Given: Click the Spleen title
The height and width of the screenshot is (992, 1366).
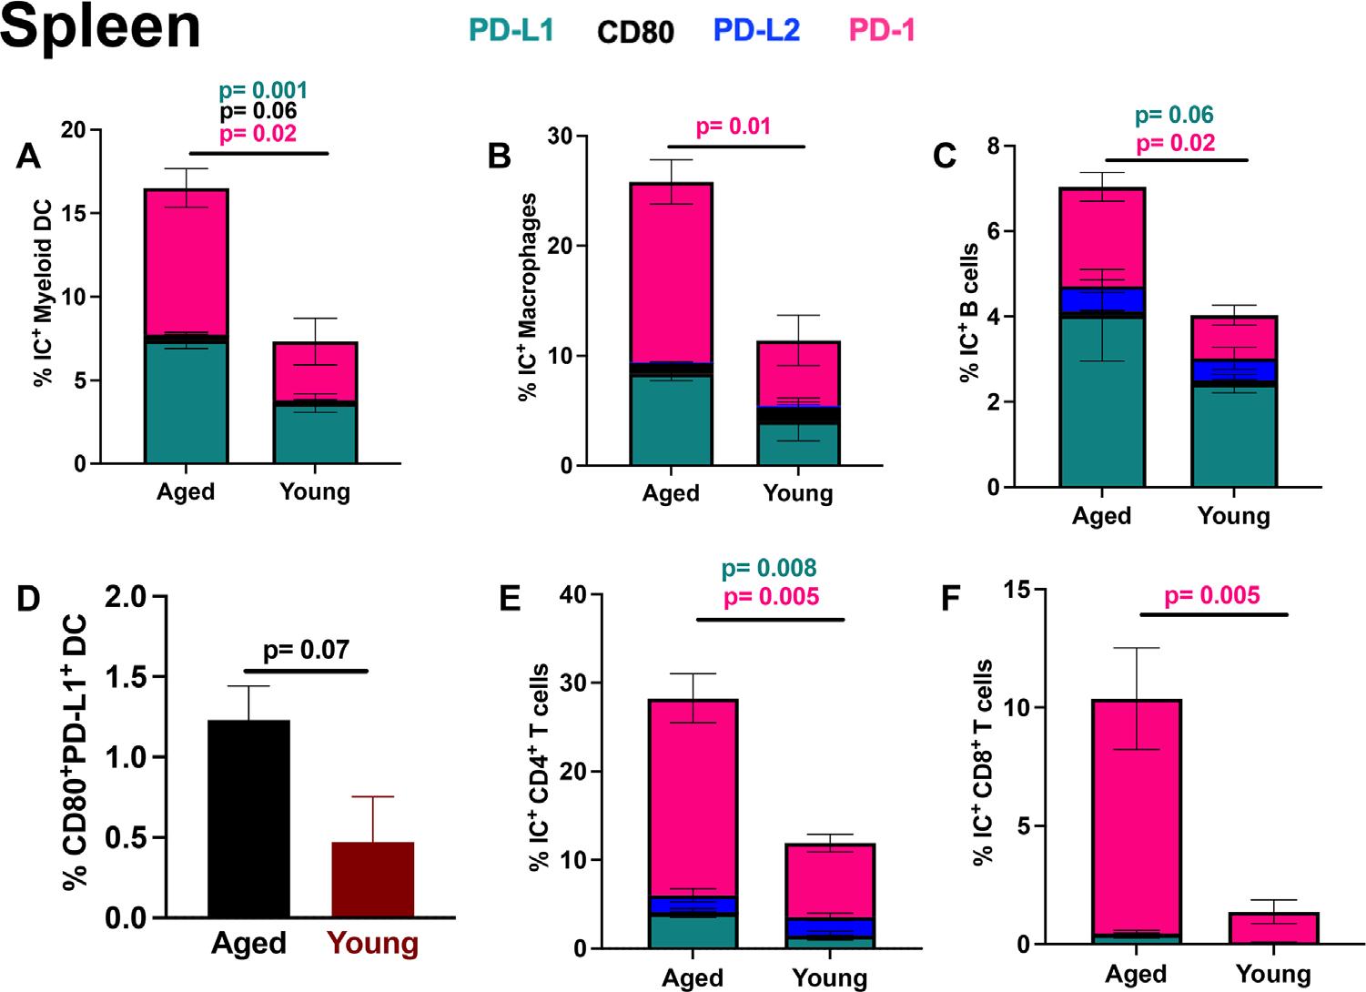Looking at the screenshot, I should coord(100,27).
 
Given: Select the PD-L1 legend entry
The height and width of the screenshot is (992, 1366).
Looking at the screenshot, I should coord(511,30).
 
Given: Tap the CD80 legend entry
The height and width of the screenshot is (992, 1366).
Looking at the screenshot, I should coord(635,32).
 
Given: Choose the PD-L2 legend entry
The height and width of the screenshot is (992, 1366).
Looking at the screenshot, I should coord(756,30).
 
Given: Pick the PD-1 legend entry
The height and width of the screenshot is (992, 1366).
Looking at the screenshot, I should coord(881,30).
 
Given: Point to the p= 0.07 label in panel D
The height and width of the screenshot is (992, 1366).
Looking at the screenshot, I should coord(306,650).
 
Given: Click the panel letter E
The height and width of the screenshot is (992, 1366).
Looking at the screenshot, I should coord(511,601).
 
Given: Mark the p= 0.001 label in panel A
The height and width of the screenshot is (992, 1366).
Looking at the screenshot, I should coord(263,91).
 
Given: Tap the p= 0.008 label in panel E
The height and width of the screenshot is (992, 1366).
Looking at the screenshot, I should coord(769,569).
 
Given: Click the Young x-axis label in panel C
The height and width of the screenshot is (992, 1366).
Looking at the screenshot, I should coord(1233,516).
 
